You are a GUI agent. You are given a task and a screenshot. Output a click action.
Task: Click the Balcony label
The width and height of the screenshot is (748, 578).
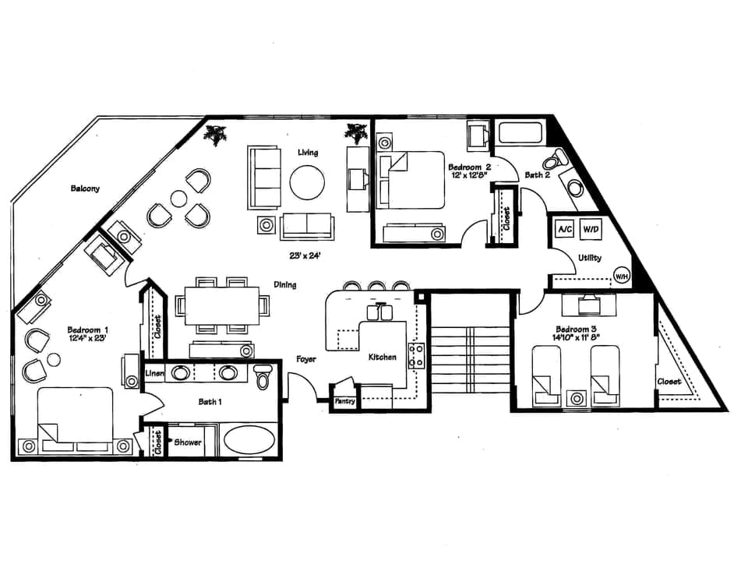click(x=85, y=189)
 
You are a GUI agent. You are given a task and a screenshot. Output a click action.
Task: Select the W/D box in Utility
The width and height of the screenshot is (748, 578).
click(x=591, y=230)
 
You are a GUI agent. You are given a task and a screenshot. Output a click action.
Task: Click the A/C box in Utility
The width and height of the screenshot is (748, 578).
click(x=564, y=230)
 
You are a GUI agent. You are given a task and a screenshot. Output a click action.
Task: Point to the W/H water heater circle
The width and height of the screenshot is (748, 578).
click(x=622, y=276)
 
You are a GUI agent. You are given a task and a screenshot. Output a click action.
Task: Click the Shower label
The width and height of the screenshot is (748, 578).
click(x=186, y=442)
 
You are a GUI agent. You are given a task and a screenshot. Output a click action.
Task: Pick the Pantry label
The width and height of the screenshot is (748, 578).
click(x=344, y=401)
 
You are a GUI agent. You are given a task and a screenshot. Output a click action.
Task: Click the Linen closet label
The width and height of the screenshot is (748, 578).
click(x=154, y=375)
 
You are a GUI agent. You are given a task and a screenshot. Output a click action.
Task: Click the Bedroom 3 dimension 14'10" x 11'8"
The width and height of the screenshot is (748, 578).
click(x=583, y=338)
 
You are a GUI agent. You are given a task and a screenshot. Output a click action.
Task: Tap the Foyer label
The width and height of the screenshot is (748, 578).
click(x=305, y=359)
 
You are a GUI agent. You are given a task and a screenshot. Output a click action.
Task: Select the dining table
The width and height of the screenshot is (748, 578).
click(x=222, y=304)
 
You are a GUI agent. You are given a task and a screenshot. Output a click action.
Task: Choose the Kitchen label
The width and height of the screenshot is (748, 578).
click(x=383, y=357)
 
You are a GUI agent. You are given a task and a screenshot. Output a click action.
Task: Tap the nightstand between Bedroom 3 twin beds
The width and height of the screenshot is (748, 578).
click(x=577, y=398)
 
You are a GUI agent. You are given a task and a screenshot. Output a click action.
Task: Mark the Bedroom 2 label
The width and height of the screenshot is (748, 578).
click(x=469, y=167)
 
